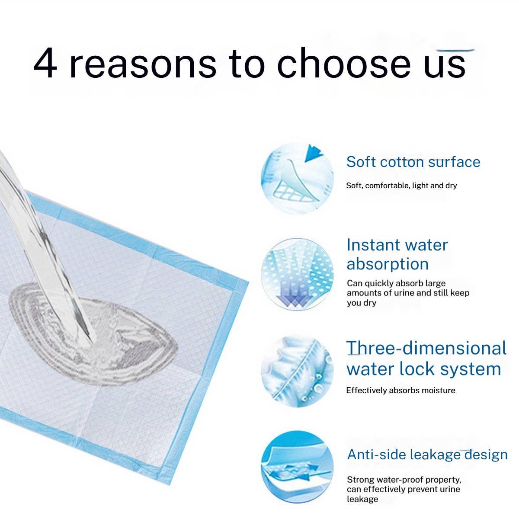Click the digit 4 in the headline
pos(45,64)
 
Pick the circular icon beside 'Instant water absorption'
pos(297,274)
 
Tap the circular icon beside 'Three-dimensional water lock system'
pos(297,371)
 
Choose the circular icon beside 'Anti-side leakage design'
pos(297,466)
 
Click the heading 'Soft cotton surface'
pos(413,162)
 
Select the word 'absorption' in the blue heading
pos(388,264)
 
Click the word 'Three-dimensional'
pos(426,348)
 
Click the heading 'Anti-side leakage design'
pos(427,455)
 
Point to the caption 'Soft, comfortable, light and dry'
pos(401,186)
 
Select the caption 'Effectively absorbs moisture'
pos(400,390)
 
